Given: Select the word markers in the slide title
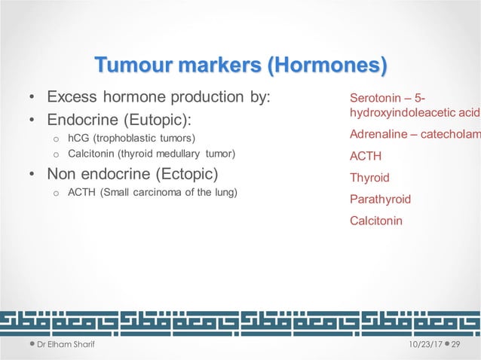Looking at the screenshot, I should [223, 66].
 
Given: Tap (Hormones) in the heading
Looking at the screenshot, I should [327, 66].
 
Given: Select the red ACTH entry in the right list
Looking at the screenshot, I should [366, 157].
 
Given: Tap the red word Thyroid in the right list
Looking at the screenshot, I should [369, 178].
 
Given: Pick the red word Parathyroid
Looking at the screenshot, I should [380, 200].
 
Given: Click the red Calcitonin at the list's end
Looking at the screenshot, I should [376, 221].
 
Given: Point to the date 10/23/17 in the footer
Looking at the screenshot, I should [422, 344].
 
